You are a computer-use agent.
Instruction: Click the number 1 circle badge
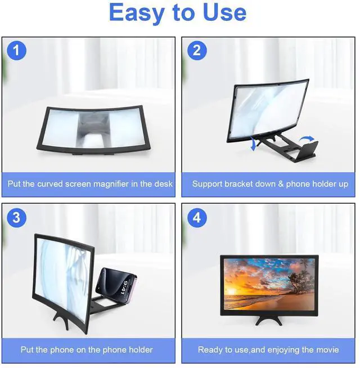(x=16, y=50)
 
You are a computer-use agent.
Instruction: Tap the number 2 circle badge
(x=196, y=50)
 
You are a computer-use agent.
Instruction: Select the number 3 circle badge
(x=16, y=217)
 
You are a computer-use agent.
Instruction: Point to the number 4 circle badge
(x=196, y=217)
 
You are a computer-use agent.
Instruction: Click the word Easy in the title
(x=139, y=12)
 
